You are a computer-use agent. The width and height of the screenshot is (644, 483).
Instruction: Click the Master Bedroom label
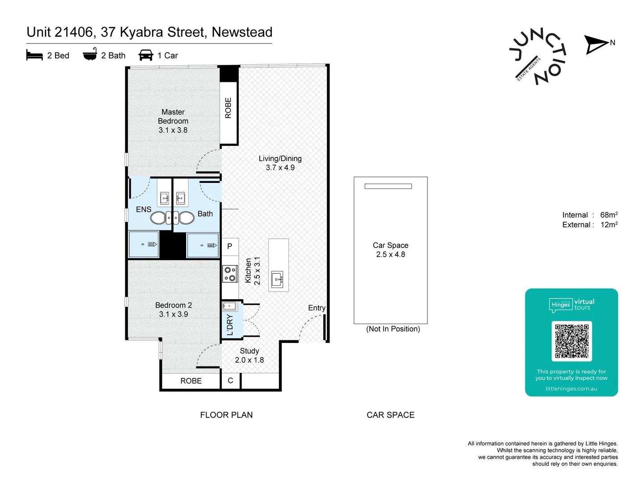[x=173, y=116]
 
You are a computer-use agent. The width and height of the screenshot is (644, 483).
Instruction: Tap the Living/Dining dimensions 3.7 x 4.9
[x=280, y=168]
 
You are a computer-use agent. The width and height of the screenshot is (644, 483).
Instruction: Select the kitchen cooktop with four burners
[x=230, y=274]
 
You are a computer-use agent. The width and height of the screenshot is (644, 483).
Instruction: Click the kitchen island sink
[x=277, y=280]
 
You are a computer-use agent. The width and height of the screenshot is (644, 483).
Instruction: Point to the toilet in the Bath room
[x=186, y=218]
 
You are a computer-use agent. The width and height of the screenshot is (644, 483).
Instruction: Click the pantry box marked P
[x=230, y=246]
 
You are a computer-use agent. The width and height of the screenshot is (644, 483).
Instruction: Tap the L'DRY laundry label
[x=230, y=325]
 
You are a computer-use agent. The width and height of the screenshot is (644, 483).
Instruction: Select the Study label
[x=249, y=351]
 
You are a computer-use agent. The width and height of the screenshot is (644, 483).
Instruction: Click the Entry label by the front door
[x=317, y=308]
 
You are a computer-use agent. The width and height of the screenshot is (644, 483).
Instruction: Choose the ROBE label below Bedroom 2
[x=191, y=381]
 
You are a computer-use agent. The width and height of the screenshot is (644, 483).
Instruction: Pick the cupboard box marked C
[x=230, y=381]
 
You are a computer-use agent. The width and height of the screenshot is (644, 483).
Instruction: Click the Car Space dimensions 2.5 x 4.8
[x=390, y=254]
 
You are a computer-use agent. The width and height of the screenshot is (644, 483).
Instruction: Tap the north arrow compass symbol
[x=597, y=44]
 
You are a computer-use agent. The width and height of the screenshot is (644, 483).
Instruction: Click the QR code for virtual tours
[x=572, y=341]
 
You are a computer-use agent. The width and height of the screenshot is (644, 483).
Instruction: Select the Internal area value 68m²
[x=609, y=215]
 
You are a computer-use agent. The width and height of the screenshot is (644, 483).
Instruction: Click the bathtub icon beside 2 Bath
[x=90, y=54]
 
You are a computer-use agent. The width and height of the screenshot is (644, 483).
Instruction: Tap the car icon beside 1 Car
[x=146, y=55]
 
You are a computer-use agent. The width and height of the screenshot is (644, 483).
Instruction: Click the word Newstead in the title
[x=242, y=32]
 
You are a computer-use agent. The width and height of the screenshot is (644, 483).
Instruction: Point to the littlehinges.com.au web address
[x=571, y=389]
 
